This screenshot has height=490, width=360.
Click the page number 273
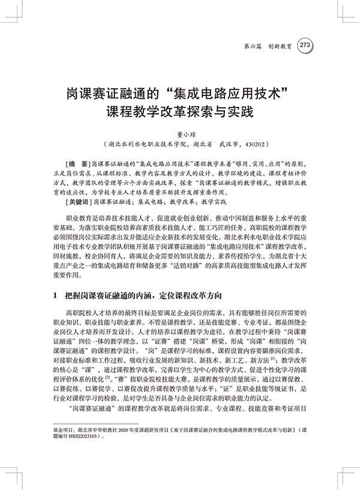coord(304,44)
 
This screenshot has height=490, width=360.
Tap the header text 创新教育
coord(280,45)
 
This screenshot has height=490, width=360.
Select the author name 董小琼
coord(180,135)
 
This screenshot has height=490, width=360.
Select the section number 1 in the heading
coord(55,295)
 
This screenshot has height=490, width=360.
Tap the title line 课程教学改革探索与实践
coord(179,112)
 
